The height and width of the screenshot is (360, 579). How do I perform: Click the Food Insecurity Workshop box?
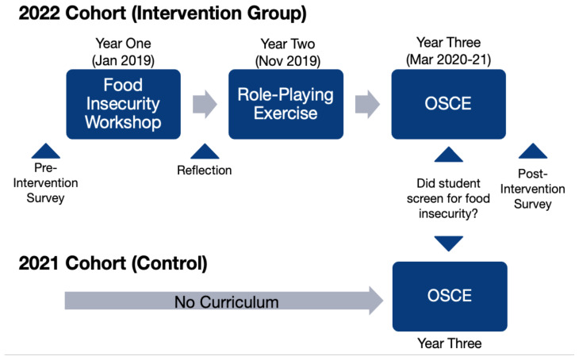(x=123, y=104)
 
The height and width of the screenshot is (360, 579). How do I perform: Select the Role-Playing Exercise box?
(x=286, y=104)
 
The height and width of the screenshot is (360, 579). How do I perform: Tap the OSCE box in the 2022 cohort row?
(x=449, y=104)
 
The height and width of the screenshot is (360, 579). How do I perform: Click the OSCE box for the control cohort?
(x=450, y=297)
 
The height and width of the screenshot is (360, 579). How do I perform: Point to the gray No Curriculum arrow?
(x=224, y=301)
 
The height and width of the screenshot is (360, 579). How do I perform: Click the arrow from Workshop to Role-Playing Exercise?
(x=205, y=104)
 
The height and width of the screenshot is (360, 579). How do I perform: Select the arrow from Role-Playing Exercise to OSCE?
(x=367, y=104)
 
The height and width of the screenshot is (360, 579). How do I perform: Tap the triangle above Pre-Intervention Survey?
(x=46, y=151)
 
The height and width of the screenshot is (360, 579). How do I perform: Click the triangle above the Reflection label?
(x=205, y=151)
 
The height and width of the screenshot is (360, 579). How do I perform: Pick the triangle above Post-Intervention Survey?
(x=533, y=151)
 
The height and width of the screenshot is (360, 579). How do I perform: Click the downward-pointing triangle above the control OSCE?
(x=449, y=243)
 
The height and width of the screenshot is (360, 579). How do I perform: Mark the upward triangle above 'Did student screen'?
(x=449, y=155)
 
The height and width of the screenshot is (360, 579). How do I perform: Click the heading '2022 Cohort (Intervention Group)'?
(x=163, y=13)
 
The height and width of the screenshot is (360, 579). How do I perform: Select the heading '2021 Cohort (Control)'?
(x=113, y=263)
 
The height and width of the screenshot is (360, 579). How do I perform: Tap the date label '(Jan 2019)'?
(x=123, y=60)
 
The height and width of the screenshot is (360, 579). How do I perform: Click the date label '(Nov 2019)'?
(x=288, y=61)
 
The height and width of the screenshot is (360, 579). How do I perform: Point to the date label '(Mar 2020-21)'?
(x=449, y=59)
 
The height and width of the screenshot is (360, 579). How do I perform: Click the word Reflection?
(x=205, y=170)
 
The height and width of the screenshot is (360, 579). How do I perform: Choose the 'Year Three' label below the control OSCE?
(x=450, y=343)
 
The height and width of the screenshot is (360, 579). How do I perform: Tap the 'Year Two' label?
(x=288, y=44)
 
